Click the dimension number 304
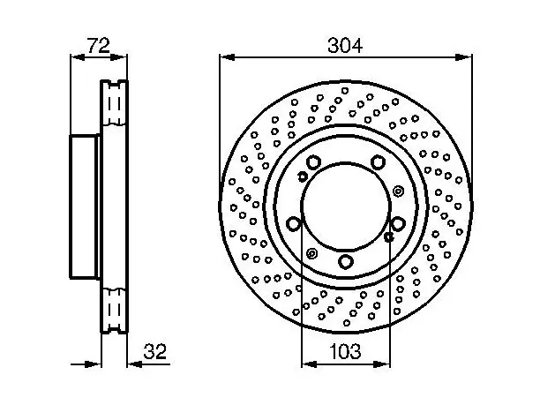point(345,46)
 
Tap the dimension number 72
point(99,46)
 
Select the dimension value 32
point(155,351)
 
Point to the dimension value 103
point(345,351)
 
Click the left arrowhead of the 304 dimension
point(228,57)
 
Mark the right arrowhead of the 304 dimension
point(463,57)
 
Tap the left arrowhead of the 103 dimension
point(309,364)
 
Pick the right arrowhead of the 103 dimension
point(382,364)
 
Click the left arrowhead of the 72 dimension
point(78,57)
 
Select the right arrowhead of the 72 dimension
point(119,57)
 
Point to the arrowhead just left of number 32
point(135,364)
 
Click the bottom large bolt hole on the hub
point(345,261)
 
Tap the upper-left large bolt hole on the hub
point(313,161)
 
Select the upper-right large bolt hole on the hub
point(378,161)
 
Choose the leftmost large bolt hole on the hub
point(294,224)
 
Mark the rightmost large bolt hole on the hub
point(398,224)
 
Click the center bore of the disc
point(346,206)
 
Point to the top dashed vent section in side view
point(115,102)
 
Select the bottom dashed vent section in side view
point(115,311)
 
